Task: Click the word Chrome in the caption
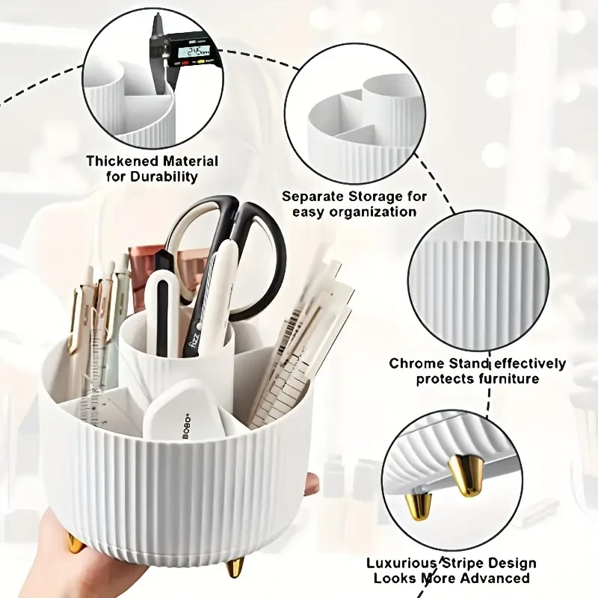click(413, 364)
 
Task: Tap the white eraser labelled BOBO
click(183, 410)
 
